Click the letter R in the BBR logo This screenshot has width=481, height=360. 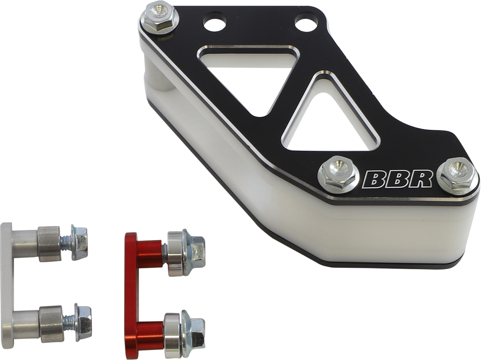(x=421, y=179)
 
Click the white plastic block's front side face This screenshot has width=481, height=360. (x=351, y=236)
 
